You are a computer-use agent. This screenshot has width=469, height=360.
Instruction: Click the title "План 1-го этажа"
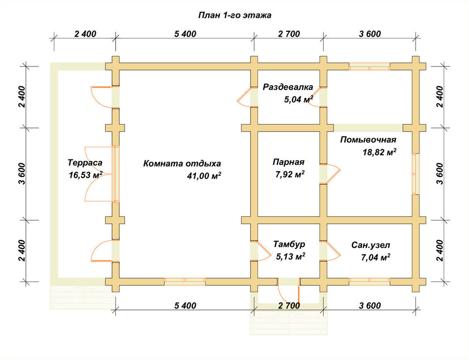click(235, 15)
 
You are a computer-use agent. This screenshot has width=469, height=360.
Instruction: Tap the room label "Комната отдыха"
click(182, 164)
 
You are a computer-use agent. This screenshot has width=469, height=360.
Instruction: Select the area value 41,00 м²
click(204, 175)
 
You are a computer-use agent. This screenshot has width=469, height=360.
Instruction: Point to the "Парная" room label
click(288, 162)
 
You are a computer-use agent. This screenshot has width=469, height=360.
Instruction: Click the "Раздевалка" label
click(288, 87)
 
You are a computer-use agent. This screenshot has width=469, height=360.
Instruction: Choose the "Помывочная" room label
click(368, 140)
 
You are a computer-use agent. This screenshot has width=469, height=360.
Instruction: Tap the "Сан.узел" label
click(371, 246)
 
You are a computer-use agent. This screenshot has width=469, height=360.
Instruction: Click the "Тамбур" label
click(289, 244)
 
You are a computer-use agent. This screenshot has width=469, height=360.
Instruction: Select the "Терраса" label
click(85, 163)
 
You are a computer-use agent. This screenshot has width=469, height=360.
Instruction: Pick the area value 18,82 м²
click(379, 152)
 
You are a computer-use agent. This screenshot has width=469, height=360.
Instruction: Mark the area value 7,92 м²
click(290, 174)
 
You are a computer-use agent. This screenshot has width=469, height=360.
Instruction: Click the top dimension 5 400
click(185, 34)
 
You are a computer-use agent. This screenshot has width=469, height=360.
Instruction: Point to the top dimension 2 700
click(288, 34)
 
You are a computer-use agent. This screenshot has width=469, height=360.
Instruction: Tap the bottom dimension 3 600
click(370, 306)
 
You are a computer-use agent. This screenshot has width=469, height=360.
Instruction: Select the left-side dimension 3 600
click(22, 174)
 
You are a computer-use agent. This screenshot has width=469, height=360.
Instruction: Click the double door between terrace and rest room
click(102, 174)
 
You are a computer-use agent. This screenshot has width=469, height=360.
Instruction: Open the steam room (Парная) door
click(330, 174)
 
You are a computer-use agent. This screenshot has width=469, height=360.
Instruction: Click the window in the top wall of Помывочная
click(370, 67)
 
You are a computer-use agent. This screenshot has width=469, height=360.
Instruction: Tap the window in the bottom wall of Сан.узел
click(370, 282)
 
